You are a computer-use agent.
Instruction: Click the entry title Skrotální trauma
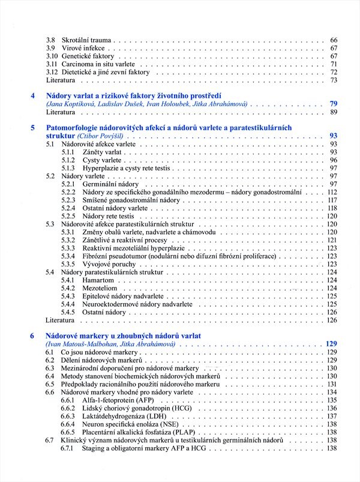(85, 40)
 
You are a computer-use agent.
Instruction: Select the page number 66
(334, 40)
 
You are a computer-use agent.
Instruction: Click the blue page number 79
(334, 104)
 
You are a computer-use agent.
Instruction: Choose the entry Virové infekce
(83, 48)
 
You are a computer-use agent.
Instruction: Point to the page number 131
(332, 384)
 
